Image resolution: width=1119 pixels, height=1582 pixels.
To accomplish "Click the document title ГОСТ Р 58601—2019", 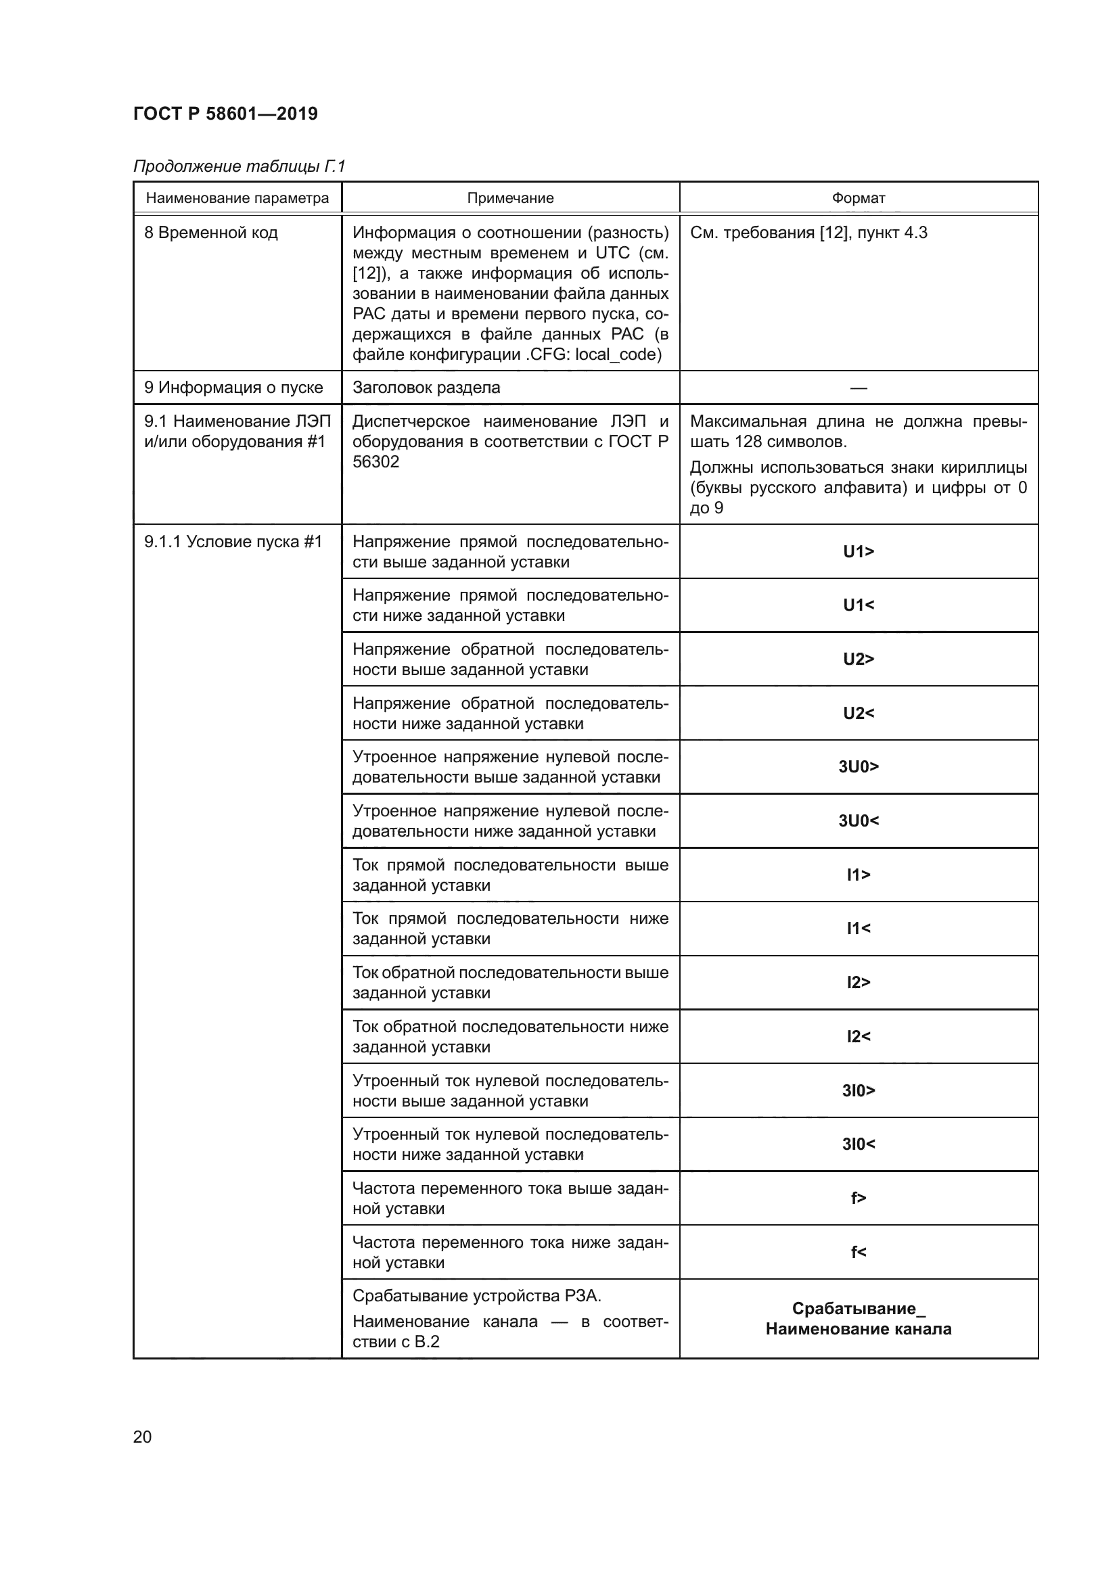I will [x=225, y=114].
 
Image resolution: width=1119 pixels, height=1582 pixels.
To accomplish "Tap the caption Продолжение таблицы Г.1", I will [x=238, y=166].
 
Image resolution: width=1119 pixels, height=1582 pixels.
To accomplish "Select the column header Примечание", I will [x=510, y=198].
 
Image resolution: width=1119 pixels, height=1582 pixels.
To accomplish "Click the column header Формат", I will [x=858, y=198].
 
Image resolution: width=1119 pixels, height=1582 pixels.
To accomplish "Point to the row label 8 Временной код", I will [x=211, y=233].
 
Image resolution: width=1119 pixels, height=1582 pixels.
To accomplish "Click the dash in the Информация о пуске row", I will [x=858, y=388].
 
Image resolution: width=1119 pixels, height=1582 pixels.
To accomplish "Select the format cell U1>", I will [x=858, y=551].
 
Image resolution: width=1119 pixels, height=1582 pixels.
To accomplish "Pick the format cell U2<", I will [x=858, y=713].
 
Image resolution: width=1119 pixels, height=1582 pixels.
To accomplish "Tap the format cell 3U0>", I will [x=858, y=767].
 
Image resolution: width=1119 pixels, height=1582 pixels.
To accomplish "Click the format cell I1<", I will [x=858, y=929].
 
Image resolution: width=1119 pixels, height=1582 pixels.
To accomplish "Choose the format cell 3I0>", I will [x=858, y=1091].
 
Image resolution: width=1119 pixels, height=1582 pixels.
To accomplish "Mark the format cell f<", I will [x=858, y=1252].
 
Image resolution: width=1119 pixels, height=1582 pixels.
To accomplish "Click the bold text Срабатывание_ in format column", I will [x=858, y=1309].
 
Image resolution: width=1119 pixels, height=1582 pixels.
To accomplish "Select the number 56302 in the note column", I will [x=375, y=463].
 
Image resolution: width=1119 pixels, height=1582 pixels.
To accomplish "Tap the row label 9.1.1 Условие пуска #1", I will [x=233, y=542].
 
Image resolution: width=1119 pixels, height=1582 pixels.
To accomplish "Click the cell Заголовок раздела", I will [x=426, y=388].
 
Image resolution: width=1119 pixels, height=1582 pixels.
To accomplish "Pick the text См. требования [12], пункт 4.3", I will [x=808, y=233].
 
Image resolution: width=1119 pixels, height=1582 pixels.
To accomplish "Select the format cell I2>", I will [x=858, y=983].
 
